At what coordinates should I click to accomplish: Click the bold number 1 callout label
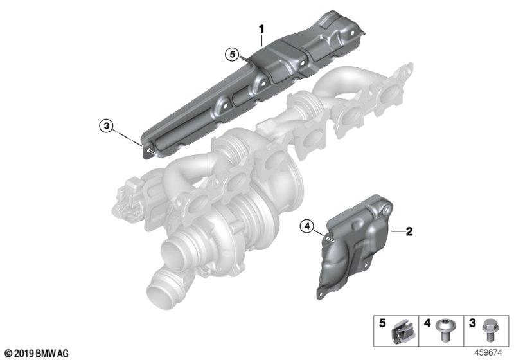point(261,29)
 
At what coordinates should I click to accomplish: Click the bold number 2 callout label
point(409,232)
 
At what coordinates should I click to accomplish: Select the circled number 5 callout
point(233,55)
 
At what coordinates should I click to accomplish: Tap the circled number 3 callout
point(106,125)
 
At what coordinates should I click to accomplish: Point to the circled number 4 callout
point(307,226)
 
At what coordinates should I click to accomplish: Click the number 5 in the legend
point(382,323)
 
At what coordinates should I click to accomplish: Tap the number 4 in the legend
point(427,323)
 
